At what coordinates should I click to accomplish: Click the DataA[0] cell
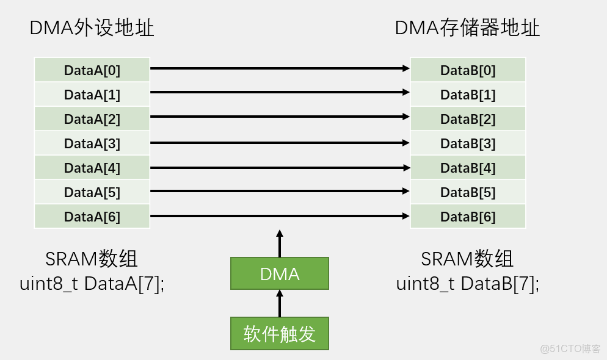tap(92, 70)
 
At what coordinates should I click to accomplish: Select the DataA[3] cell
tap(92, 143)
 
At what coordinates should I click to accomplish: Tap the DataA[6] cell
tap(92, 217)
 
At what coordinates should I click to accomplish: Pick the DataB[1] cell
tap(468, 95)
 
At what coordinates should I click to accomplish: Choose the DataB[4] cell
tap(468, 168)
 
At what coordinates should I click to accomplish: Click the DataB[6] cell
tap(468, 217)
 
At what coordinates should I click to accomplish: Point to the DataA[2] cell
tap(92, 119)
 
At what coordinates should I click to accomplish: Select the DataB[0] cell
tap(468, 70)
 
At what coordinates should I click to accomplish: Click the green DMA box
tap(280, 274)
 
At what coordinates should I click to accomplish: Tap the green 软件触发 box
tap(280, 334)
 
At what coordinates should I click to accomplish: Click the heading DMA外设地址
tap(92, 29)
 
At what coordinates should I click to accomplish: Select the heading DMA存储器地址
tap(467, 29)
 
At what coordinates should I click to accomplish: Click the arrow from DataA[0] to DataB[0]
tap(280, 69)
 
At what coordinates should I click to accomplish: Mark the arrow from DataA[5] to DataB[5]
tap(280, 191)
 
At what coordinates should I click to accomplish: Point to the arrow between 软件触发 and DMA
tap(280, 303)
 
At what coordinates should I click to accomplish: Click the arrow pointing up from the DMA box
tap(280, 243)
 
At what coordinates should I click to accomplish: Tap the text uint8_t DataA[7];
tap(92, 284)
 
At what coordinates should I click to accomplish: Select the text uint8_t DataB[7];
tap(468, 284)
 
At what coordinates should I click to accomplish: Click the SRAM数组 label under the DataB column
tap(467, 259)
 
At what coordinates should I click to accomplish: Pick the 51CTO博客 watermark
tap(570, 349)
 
